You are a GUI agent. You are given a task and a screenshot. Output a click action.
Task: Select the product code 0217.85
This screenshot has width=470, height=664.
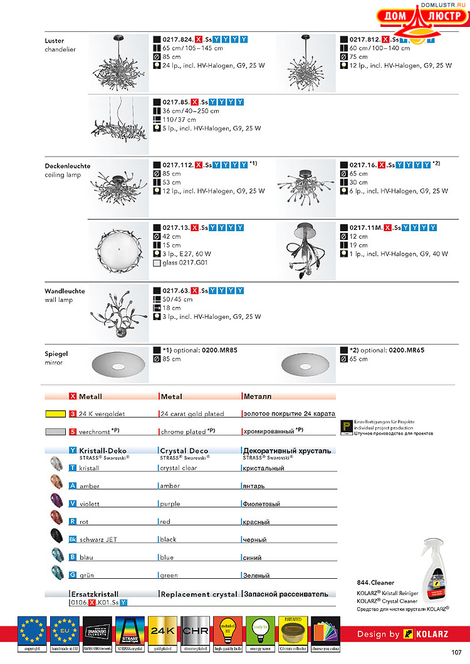click(x=175, y=102)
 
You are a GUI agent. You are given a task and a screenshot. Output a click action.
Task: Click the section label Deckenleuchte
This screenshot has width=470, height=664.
click(x=67, y=166)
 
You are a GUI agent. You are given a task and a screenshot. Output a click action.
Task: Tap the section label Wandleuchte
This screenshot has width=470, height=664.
click(x=65, y=291)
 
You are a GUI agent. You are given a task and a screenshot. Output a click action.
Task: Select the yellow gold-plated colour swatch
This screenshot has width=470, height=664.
click(x=56, y=414)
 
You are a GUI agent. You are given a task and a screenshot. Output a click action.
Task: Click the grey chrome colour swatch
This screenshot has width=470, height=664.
click(x=56, y=432)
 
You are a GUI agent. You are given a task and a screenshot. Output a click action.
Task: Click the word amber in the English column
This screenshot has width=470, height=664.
click(x=170, y=486)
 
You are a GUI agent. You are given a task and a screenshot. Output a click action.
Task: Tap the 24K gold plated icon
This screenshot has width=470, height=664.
click(x=162, y=630)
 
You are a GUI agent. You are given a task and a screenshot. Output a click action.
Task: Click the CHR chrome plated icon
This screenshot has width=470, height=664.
click(x=195, y=630)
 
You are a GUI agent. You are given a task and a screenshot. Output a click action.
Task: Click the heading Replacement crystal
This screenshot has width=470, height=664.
click(x=199, y=594)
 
